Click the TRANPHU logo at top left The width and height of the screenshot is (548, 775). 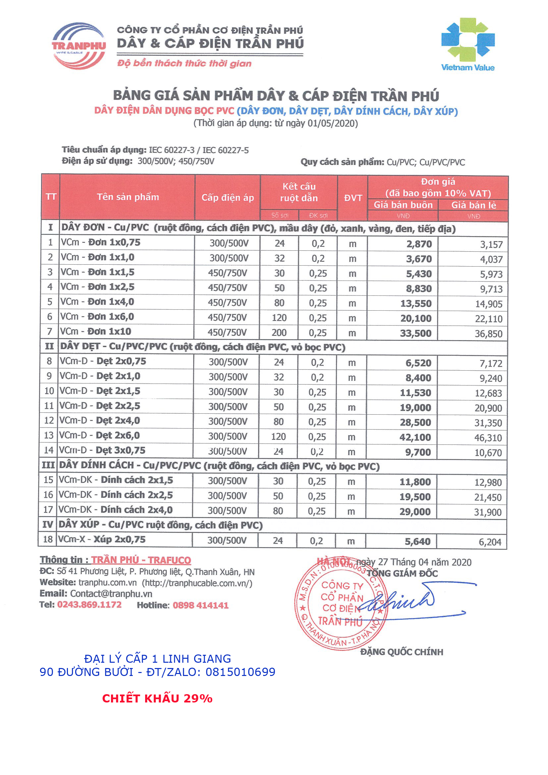click(79, 46)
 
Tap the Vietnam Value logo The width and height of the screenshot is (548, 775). click(467, 44)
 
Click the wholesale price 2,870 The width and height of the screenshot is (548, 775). click(419, 244)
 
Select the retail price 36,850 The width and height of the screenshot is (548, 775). click(488, 334)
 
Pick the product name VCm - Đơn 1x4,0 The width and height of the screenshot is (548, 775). click(97, 302)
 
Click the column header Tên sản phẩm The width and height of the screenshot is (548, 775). click(128, 197)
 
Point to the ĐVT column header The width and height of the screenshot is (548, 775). click(353, 198)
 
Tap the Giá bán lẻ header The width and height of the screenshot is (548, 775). click(473, 205)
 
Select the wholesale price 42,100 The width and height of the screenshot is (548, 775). click(415, 437)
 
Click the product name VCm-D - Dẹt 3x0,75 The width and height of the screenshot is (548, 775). click(102, 450)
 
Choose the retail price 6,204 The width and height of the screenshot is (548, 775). click(490, 542)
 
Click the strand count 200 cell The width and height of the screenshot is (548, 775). click(279, 333)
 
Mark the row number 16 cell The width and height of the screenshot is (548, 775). click(48, 495)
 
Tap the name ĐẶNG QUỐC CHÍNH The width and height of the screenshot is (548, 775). click(402, 652)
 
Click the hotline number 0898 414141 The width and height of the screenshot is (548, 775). click(200, 605)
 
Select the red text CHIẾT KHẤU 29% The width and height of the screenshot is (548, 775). click(157, 698)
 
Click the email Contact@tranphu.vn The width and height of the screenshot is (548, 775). click(111, 594)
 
